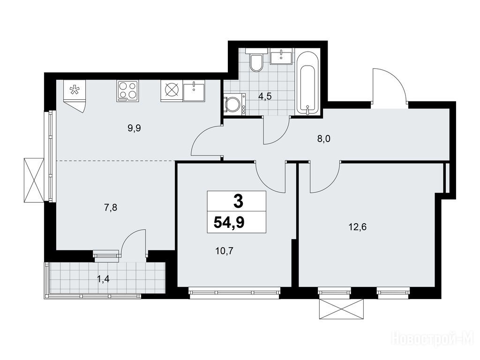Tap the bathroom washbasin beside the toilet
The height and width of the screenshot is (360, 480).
[282, 56]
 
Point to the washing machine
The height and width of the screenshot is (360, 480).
[234, 105]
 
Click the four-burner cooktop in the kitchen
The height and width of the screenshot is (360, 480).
[127, 91]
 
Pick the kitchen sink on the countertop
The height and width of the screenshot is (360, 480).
[194, 90]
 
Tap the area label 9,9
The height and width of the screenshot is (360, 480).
[134, 128]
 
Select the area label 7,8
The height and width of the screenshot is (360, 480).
[111, 208]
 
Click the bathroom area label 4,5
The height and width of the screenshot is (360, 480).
[265, 97]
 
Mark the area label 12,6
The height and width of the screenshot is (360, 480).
[357, 227]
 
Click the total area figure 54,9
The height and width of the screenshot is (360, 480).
[229, 222]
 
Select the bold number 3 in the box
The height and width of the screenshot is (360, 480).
[238, 202]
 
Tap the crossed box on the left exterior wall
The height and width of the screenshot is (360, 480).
[34, 180]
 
